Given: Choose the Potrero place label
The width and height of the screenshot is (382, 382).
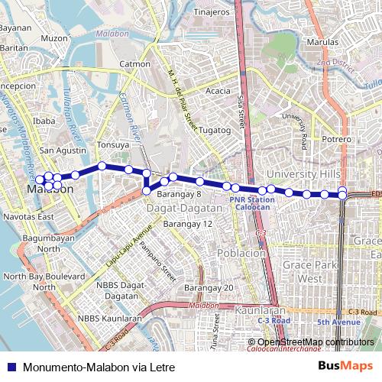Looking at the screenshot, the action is [x=336, y=140].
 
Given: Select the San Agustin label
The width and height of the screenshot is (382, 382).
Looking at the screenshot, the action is [x=63, y=151].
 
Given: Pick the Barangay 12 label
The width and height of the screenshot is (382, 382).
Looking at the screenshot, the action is [x=187, y=225].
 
